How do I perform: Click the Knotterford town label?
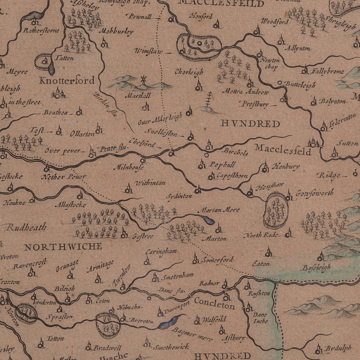click(x=67, y=80)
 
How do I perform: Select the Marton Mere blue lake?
click(x=208, y=221)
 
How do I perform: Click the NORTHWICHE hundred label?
click(x=63, y=247)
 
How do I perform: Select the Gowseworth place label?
click(x=314, y=193)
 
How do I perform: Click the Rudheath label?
click(x=26, y=227)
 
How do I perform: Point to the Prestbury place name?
click(x=253, y=104)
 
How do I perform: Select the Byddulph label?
click(x=337, y=349)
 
